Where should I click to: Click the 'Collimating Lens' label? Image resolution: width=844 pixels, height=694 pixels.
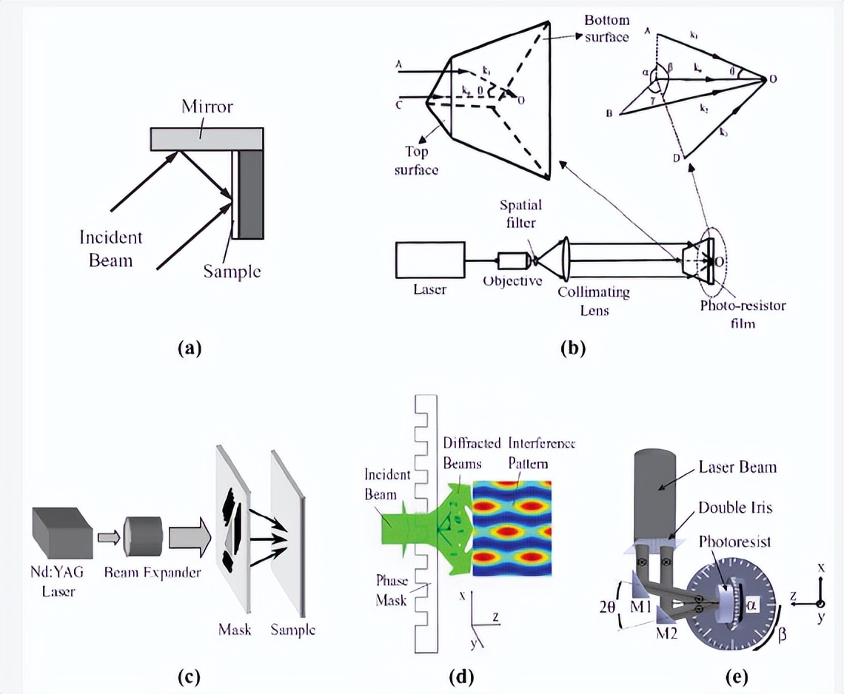pyautogui.click(x=595, y=300)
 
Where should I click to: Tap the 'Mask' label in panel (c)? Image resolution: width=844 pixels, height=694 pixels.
pyautogui.click(x=235, y=630)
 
